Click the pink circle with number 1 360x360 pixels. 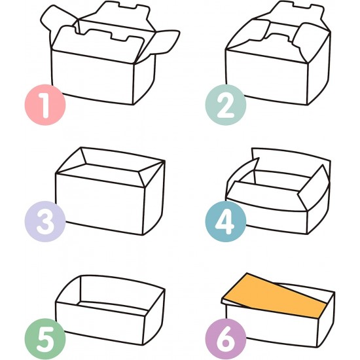45,105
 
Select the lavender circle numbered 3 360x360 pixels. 45,223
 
